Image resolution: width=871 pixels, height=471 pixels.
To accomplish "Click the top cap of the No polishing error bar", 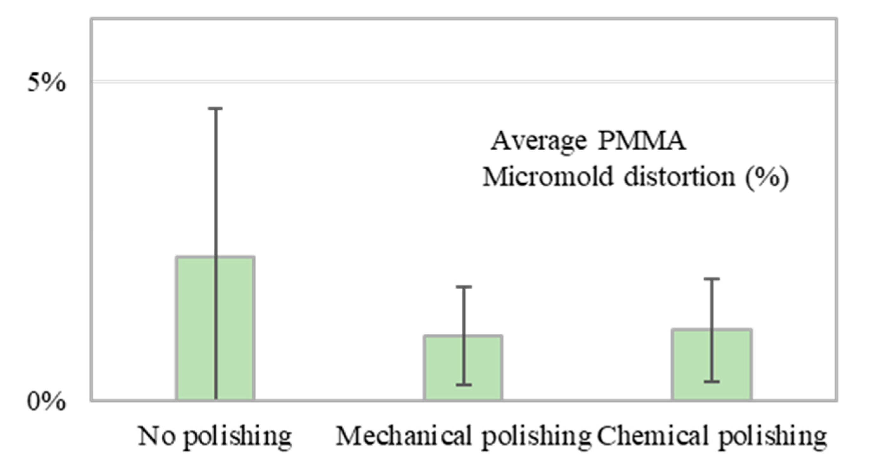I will tap(215, 108).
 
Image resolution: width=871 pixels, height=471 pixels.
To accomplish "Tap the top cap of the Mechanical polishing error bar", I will tap(464, 287).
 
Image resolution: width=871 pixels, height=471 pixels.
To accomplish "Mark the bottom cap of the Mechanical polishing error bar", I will tap(464, 385).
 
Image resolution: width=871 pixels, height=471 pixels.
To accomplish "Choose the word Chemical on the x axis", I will tap(653, 436).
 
